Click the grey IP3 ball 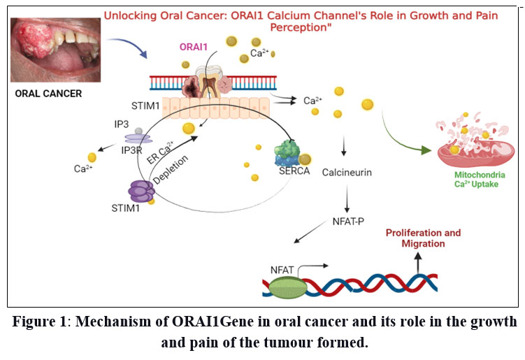coord(139,131)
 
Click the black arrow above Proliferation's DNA coord(418,259)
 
